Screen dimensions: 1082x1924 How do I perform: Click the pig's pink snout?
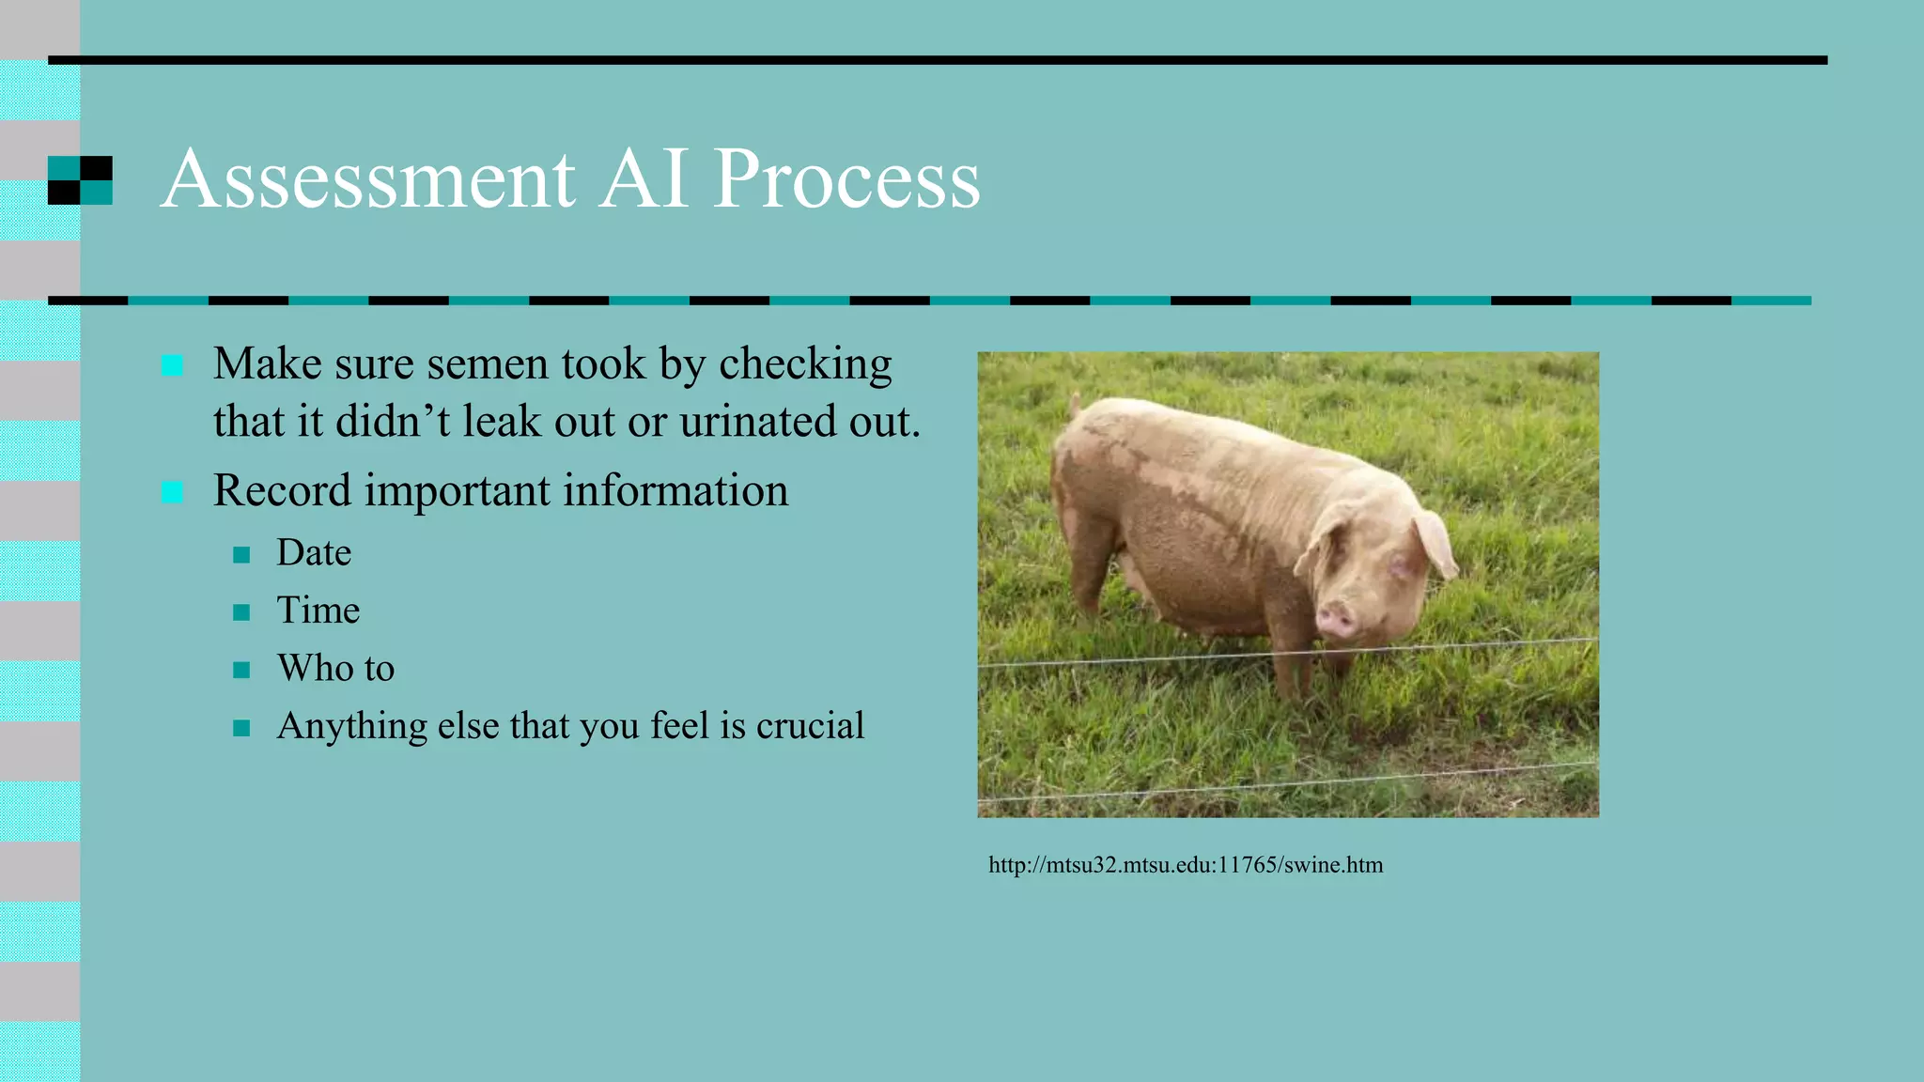point(1334,620)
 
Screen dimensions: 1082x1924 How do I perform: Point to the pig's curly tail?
point(1074,406)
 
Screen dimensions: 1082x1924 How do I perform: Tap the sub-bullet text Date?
point(314,553)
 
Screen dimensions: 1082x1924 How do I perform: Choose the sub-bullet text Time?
point(318,611)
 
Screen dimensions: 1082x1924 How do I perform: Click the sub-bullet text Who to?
point(335,669)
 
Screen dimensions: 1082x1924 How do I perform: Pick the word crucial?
point(810,726)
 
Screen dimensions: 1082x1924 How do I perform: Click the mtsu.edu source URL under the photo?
point(1186,865)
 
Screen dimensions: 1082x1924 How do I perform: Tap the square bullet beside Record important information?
point(172,492)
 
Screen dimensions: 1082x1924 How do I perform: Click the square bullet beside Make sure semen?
point(172,365)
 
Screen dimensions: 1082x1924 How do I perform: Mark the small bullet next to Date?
point(241,555)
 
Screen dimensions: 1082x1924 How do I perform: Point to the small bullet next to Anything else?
point(241,728)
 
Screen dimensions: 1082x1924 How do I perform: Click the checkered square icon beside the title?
point(80,180)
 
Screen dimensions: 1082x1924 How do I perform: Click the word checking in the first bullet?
point(805,364)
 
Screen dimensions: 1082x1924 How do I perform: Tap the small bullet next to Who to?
point(241,670)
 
